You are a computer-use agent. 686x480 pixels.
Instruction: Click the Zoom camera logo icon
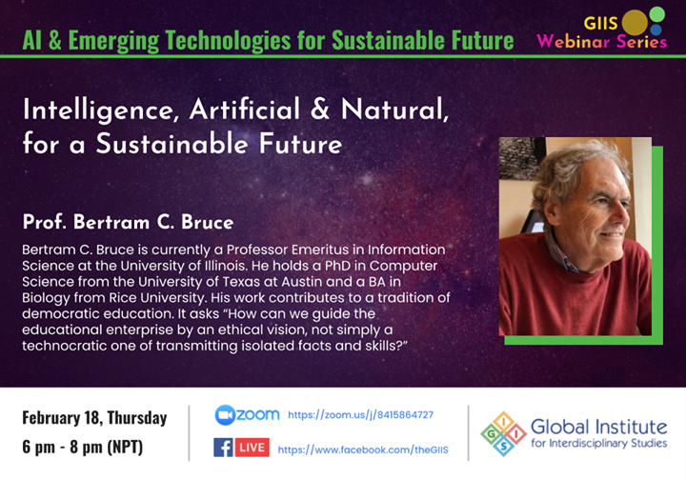pos(225,415)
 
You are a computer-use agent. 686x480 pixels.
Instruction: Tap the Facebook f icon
pos(223,448)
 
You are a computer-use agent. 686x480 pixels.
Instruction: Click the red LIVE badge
pos(252,448)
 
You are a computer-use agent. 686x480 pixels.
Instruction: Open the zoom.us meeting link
pos(360,415)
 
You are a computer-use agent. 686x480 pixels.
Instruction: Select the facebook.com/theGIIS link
pos(363,450)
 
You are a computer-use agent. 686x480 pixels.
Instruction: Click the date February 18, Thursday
pos(94,418)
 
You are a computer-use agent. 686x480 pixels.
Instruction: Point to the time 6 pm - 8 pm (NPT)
pos(83,447)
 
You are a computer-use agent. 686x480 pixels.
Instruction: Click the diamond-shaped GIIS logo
pos(504,433)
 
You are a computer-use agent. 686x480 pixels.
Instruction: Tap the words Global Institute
pos(599,427)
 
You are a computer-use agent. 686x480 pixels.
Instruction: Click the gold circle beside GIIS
pos(635,22)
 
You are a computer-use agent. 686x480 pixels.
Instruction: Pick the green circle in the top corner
pos(657,14)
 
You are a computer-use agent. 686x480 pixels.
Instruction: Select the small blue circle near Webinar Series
pos(656,30)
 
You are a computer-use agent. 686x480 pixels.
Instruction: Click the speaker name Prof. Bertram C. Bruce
pos(128,222)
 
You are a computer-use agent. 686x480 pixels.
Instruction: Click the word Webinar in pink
pos(574,42)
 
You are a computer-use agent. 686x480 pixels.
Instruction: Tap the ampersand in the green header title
pos(54,41)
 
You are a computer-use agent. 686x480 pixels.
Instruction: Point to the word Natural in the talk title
pos(395,110)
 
